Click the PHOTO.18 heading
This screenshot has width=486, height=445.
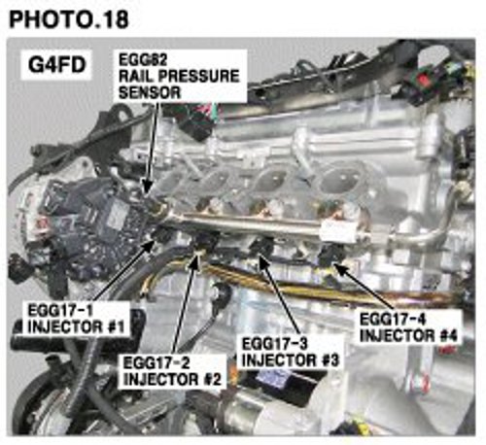(69, 19)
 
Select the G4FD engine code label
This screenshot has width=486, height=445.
(56, 65)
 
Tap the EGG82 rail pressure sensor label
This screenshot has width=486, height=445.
(180, 76)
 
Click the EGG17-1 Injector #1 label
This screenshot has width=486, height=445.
(77, 319)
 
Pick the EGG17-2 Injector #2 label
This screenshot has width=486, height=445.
(172, 371)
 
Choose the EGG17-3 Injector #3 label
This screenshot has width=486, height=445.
(291, 352)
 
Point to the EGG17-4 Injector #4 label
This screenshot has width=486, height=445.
(409, 327)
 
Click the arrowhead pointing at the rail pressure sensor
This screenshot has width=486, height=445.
(147, 187)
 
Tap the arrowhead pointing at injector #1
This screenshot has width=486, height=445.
(149, 246)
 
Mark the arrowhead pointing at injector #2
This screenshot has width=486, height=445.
(195, 259)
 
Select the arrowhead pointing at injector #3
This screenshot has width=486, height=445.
(263, 261)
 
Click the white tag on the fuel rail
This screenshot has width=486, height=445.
(337, 231)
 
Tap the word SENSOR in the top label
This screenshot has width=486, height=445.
(150, 93)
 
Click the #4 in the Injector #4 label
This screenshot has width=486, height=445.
(449, 335)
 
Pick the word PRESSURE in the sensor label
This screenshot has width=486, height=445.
(194, 76)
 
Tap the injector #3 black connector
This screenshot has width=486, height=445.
(263, 246)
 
